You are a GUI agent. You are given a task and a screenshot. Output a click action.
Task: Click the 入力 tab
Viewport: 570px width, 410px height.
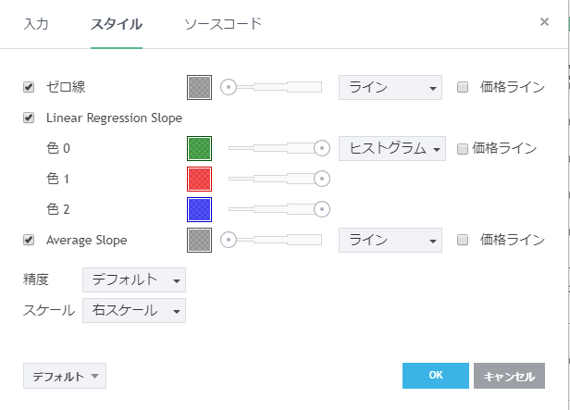(x=35, y=24)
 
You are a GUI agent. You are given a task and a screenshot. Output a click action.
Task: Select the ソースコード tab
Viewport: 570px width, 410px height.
(x=223, y=24)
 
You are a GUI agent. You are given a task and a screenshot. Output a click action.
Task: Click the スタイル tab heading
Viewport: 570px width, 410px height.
(x=116, y=24)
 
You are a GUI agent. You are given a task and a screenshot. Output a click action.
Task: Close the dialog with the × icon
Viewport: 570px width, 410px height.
(x=544, y=21)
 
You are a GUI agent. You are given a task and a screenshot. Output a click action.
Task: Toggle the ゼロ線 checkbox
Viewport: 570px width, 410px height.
(x=29, y=87)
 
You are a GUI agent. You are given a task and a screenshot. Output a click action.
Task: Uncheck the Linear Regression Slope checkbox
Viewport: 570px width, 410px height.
(x=29, y=118)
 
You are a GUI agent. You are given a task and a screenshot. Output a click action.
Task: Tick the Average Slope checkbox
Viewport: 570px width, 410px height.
(x=29, y=240)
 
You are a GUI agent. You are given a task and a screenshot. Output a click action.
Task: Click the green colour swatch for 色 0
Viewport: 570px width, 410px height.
(x=199, y=148)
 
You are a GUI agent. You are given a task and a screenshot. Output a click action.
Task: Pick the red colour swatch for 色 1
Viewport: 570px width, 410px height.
(x=199, y=178)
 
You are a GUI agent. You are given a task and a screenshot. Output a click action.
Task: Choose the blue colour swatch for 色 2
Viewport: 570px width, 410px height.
(x=199, y=208)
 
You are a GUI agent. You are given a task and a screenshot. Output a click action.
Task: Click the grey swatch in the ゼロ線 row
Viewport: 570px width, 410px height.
(x=199, y=87)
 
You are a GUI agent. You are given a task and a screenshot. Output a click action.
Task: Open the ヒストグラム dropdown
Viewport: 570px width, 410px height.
(x=392, y=148)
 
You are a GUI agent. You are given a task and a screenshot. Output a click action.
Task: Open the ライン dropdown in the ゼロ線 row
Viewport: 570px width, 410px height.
(x=390, y=87)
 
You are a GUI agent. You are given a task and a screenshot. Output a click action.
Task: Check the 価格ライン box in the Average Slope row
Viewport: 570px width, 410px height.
(x=464, y=240)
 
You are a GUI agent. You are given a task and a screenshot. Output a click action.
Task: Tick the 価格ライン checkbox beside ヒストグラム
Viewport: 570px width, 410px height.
(x=463, y=148)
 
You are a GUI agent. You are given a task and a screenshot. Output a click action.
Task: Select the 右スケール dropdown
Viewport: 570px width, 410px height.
(x=134, y=311)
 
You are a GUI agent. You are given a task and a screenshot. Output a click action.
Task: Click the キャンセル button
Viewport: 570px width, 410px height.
(x=509, y=376)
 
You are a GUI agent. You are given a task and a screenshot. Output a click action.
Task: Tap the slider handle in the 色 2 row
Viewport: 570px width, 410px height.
(x=322, y=208)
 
